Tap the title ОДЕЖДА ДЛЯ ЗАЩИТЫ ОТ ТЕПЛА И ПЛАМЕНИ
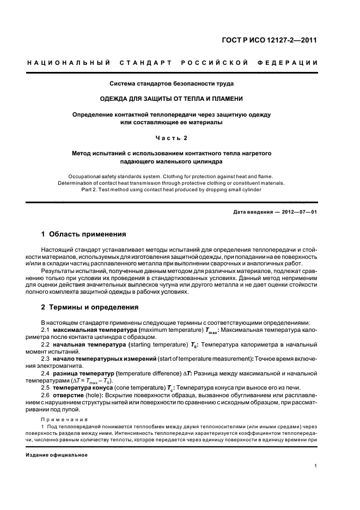click(x=172, y=99)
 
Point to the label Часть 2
click(x=172, y=137)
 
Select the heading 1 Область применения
click(x=84, y=234)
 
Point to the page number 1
click(x=316, y=466)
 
